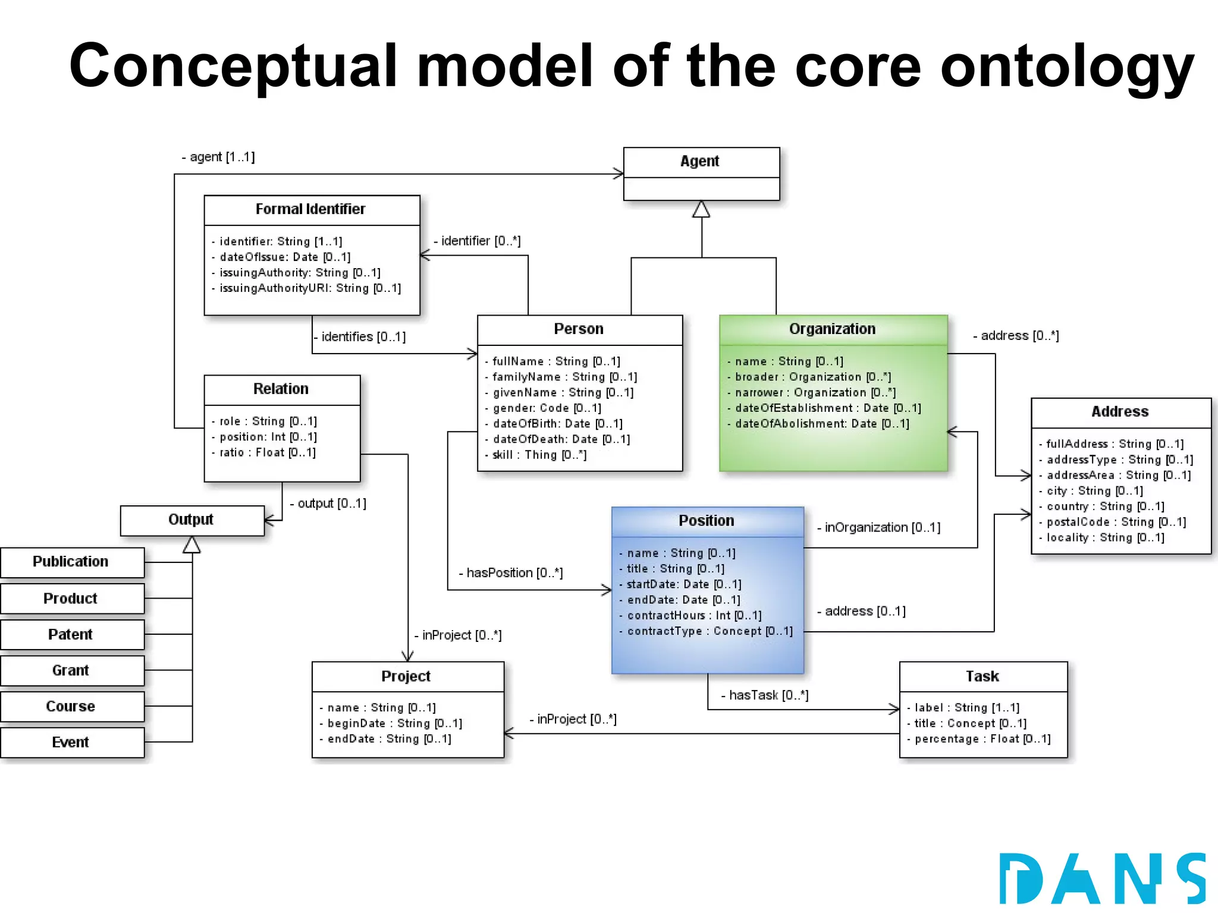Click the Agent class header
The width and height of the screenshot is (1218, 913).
701,162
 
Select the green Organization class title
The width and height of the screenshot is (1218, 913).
832,329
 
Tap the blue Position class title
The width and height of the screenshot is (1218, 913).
707,521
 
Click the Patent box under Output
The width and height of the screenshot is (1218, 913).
71,635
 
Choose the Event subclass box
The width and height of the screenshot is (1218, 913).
71,742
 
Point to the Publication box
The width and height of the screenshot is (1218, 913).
71,562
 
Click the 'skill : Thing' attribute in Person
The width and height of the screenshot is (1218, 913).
539,455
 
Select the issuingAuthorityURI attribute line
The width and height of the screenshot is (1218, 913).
310,288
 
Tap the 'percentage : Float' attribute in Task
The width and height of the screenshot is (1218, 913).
982,739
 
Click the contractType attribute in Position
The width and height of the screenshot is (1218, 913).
710,631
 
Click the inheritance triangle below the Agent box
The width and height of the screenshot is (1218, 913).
701,210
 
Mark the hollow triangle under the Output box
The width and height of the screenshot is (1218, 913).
192,545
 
